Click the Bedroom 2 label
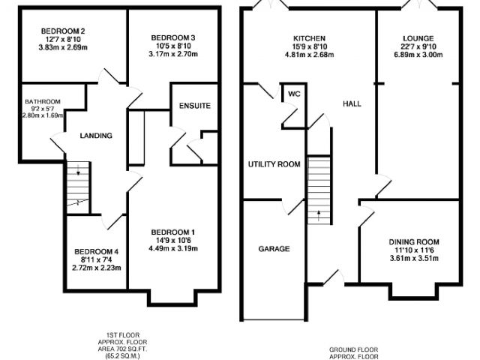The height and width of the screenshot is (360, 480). tap(63, 31)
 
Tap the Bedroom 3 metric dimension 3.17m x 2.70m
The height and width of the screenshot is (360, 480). tap(173, 54)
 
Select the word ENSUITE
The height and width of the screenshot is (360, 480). tap(195, 106)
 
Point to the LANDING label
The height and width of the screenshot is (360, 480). tap(96, 136)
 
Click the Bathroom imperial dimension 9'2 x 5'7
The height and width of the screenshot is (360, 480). tap(43, 109)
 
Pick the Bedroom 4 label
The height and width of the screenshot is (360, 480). tap(96, 252)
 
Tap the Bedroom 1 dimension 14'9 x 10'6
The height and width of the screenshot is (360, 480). tap(173, 241)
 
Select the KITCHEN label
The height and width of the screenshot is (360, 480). tap(309, 38)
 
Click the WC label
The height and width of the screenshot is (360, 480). tap(295, 94)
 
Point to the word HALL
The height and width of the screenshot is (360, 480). tap(352, 104)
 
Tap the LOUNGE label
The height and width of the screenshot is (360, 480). tap(418, 38)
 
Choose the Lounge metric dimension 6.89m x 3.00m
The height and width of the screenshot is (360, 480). tap(418, 55)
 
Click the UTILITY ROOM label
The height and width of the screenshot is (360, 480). tap(274, 164)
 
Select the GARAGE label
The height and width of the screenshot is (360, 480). tap(274, 249)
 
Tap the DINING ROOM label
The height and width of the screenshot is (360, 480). tap(414, 242)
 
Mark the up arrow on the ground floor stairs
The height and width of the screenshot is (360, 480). tap(318, 216)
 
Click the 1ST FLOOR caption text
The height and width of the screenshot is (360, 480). tap(122, 335)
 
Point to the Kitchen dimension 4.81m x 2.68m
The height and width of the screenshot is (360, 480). tap(309, 55)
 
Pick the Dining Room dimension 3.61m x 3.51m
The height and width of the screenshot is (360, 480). tap(414, 259)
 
